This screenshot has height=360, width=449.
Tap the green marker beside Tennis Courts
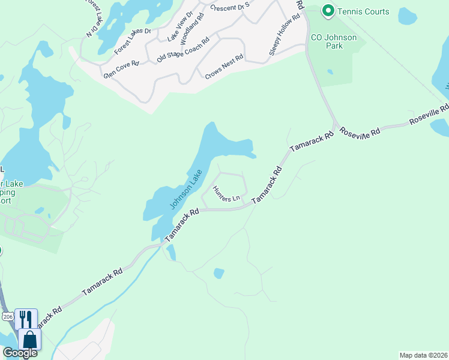[x=328, y=11]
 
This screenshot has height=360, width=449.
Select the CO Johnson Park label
[x=333, y=42]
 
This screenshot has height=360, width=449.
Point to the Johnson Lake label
[x=185, y=188]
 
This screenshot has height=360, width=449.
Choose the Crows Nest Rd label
[x=224, y=66]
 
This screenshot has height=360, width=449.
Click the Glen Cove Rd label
[x=121, y=69]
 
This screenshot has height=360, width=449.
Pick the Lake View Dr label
[x=179, y=26]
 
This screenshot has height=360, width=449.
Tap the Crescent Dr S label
[x=230, y=8]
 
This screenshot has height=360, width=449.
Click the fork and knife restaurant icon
[x=26, y=318]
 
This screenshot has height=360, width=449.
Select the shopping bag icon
[x=29, y=339]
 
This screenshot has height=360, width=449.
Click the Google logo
[x=19, y=353]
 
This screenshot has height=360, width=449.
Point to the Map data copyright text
[x=423, y=355]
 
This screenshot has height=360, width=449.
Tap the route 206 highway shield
[x=7, y=316]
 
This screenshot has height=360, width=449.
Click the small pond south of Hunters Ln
[x=218, y=274]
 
